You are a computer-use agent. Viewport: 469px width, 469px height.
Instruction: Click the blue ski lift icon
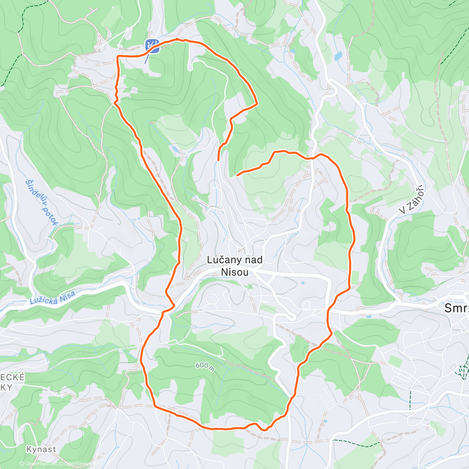(x=152, y=45)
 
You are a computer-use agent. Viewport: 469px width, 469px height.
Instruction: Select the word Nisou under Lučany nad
(x=234, y=272)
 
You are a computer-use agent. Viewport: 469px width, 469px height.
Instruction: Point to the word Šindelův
(x=34, y=191)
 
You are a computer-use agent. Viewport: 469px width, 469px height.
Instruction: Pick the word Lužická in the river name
(x=44, y=299)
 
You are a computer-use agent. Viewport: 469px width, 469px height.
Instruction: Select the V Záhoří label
(x=412, y=199)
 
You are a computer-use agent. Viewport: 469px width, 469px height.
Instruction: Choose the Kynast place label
(x=41, y=449)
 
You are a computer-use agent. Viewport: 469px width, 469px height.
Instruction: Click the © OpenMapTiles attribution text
(x=38, y=464)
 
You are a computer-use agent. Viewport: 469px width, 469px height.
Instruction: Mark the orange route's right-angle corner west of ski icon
(x=118, y=57)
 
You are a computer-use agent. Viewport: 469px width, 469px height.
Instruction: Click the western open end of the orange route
(x=218, y=160)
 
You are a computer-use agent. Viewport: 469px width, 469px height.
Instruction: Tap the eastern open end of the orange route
(x=238, y=175)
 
